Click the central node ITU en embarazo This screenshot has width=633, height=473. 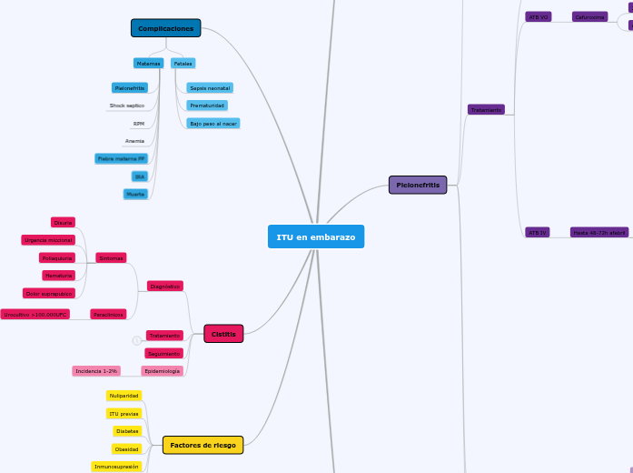[x=316, y=236]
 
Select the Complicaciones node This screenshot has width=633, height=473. [x=165, y=28]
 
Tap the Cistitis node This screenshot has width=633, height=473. [x=223, y=334]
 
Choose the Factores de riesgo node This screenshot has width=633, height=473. [x=203, y=445]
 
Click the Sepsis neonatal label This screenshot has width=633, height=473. [x=210, y=88]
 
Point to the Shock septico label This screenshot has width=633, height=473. [x=127, y=106]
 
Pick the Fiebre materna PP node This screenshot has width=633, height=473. [x=121, y=158]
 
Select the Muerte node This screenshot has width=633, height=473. [x=135, y=194]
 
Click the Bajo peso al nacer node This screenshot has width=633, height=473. [x=213, y=123]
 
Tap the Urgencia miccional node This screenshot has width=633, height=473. [x=48, y=240]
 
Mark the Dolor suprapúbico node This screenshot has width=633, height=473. [x=49, y=293]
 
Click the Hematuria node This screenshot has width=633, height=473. [x=58, y=276]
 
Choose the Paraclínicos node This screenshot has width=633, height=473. [x=108, y=314]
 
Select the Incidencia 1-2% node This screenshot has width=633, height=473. [x=96, y=371]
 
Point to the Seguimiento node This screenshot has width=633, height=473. [x=164, y=353]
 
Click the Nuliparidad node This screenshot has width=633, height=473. [x=124, y=396]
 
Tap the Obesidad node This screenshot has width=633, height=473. [x=127, y=448]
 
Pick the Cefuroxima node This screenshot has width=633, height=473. [x=589, y=16]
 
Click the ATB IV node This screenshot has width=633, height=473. [x=538, y=233]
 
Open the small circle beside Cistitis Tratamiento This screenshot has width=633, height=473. [x=136, y=340]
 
